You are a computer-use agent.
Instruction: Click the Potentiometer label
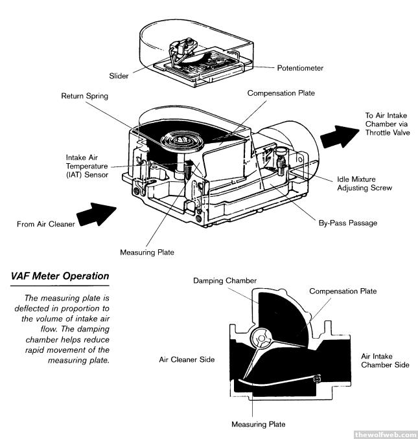(299, 68)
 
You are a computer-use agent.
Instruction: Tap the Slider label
(118, 76)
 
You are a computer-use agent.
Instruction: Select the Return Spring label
(84, 96)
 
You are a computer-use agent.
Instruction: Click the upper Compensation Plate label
(281, 93)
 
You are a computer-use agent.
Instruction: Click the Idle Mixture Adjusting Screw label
(364, 183)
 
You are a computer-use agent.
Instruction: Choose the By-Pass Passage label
(347, 223)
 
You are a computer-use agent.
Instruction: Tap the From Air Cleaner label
(45, 225)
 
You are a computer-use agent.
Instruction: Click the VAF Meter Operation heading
(59, 276)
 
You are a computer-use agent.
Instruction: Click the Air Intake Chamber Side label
(385, 360)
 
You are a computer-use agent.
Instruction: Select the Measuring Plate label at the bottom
(258, 425)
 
